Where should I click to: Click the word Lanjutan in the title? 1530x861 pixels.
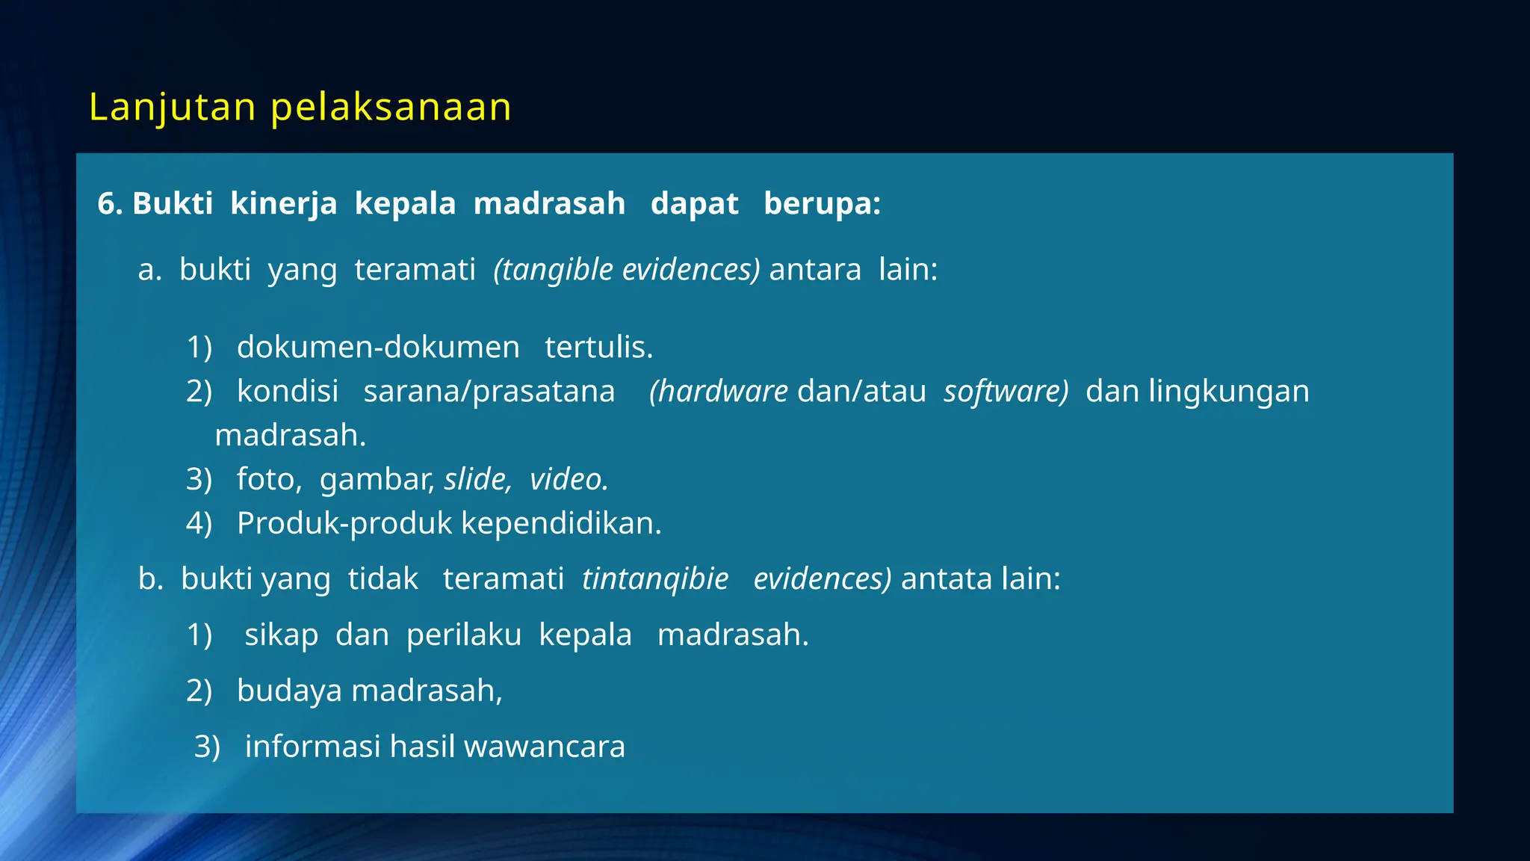173,107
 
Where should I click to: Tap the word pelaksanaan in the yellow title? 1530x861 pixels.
391,107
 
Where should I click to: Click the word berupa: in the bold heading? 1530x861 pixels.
822,203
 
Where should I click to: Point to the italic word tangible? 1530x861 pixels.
557,269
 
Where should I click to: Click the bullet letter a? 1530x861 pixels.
149,269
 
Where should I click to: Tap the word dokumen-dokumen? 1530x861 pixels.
378,347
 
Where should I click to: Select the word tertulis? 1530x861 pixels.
598,347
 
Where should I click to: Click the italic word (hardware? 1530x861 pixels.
718,391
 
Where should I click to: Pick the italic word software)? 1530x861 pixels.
1006,391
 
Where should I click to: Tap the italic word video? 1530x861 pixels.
569,479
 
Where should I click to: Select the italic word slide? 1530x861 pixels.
477,479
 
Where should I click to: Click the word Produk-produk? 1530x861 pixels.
344,523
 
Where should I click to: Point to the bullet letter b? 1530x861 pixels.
150,578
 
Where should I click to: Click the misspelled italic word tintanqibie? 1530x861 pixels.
655,578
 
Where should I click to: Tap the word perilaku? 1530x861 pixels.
464,635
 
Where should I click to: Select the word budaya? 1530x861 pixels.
290,691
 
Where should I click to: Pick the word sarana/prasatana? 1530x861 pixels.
489,391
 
